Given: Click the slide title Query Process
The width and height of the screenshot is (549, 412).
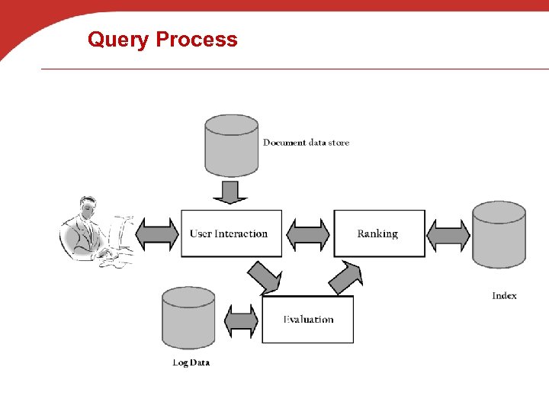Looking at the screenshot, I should (162, 39).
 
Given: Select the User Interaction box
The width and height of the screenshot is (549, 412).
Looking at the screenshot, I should (231, 233).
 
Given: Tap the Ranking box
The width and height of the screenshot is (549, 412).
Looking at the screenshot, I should (379, 233).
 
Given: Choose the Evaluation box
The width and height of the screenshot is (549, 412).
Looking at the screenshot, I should (308, 320).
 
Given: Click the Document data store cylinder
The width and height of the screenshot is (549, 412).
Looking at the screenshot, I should (232, 145).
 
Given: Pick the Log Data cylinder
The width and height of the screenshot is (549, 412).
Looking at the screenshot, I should (188, 317).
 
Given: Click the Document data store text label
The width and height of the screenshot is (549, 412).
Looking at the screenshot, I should (306, 143).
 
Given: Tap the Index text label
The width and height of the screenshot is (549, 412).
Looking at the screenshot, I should (504, 295).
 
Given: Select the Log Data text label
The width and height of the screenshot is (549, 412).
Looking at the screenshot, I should (191, 362).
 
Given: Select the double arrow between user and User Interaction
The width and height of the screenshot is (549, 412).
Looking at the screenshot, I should (157, 233).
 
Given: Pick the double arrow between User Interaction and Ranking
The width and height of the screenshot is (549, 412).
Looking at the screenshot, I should (308, 234).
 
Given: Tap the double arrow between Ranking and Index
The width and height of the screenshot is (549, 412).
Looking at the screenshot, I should (448, 234).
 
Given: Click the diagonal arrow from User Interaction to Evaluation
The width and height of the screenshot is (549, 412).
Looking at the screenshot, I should (265, 278).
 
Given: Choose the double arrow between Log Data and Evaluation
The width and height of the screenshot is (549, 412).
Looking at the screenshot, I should (242, 320).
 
